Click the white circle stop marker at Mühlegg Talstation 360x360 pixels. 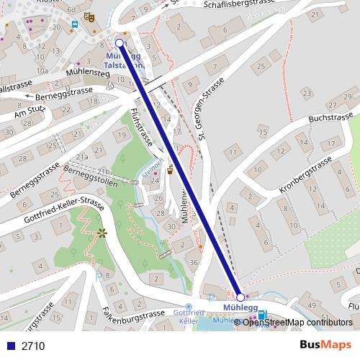point(120,43)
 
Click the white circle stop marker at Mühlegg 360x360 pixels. point(240,297)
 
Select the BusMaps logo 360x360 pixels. point(325,345)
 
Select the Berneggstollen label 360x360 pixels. point(88,173)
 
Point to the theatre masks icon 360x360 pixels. point(89,15)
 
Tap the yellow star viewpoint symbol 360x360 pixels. point(102,233)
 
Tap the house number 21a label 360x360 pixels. point(83,156)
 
